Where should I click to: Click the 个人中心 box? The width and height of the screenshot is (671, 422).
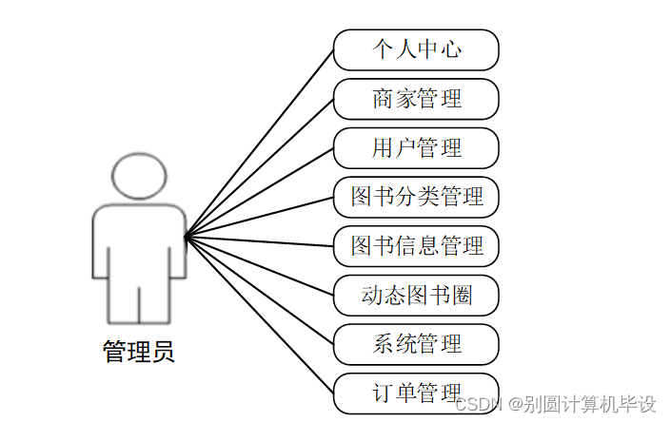click(x=416, y=49)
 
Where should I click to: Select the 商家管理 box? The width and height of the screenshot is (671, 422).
click(x=416, y=99)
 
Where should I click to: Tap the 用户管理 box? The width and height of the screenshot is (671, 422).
click(x=416, y=148)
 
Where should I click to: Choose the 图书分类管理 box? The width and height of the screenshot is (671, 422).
click(x=416, y=197)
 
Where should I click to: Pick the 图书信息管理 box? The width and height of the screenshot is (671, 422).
click(x=416, y=246)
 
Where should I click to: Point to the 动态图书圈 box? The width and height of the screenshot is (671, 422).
click(x=416, y=296)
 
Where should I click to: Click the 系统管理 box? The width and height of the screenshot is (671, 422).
click(x=416, y=344)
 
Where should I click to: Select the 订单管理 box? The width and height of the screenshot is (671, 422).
click(x=416, y=393)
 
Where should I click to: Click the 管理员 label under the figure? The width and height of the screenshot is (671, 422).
click(x=139, y=353)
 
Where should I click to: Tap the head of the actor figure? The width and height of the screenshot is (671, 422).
click(x=139, y=177)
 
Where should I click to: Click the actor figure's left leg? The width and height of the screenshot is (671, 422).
click(x=123, y=299)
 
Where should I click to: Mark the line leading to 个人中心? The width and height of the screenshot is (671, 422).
click(x=259, y=143)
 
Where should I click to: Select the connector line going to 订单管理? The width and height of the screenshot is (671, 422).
click(x=259, y=315)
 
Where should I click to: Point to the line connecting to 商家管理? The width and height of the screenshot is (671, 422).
click(x=259, y=167)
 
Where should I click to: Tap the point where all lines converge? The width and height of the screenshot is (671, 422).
click(x=185, y=235)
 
